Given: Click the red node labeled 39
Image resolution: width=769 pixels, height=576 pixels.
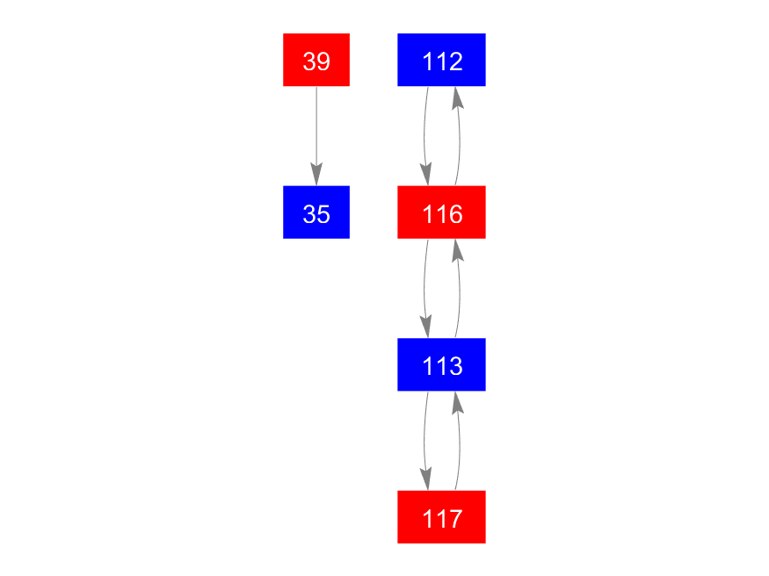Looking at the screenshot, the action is point(316,60).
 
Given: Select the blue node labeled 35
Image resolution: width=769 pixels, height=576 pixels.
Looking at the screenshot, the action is point(316,212).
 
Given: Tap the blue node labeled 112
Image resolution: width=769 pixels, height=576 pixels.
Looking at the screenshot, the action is point(441,60).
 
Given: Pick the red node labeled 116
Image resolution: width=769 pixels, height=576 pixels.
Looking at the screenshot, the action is point(441,212).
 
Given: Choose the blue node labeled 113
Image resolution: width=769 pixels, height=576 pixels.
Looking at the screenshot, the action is point(441,364).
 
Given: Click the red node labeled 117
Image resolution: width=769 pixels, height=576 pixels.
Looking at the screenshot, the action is point(441,517).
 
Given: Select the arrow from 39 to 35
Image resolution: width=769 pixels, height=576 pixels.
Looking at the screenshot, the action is point(316,136).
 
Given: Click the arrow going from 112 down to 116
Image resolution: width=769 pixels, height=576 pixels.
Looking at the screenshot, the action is point(424,136).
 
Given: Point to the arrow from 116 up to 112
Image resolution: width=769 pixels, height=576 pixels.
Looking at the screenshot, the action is point(459,136).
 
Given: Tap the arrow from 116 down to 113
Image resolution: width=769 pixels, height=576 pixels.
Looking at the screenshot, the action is point(424,289).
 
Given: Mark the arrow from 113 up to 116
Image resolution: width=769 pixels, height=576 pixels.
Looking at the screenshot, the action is point(459,289).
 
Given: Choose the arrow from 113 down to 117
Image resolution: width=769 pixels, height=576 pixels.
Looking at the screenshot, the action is point(424,441).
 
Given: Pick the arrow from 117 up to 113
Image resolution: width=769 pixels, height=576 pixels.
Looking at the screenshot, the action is point(459,441).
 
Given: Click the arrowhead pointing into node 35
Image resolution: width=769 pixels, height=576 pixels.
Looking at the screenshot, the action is point(316,175).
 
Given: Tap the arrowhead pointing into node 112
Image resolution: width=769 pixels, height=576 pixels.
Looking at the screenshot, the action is point(457,97).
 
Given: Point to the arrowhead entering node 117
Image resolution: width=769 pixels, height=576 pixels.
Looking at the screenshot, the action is point(426,479).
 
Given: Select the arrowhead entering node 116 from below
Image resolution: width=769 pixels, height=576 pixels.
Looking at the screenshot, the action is point(457,249).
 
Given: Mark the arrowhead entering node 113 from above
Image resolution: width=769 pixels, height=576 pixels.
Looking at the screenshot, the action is point(426,327).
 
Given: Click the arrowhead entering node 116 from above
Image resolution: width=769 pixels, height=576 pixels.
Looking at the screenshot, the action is point(426,175).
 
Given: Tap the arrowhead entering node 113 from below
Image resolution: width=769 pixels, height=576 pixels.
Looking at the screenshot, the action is point(457,402).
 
